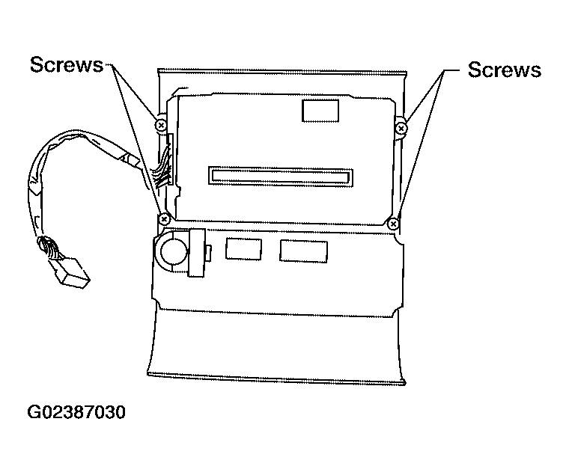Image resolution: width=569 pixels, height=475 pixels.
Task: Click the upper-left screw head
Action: point(161,126)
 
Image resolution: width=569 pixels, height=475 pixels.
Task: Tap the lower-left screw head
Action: point(164,219)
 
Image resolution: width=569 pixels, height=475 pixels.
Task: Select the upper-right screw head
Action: point(401,128)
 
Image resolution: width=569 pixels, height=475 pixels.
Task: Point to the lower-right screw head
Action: point(393,224)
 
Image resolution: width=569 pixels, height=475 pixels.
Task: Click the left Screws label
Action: point(67,64)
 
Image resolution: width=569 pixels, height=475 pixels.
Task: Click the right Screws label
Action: point(505,70)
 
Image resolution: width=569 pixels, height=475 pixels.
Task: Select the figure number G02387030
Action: point(76,412)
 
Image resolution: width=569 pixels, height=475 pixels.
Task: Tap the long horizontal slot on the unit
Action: point(281,177)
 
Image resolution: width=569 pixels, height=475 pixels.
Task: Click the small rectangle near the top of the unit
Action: point(320,111)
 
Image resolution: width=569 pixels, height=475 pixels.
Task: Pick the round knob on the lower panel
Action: point(174,251)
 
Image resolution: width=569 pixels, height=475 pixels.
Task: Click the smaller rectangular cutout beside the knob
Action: point(243,249)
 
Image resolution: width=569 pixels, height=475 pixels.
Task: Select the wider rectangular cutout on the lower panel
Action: point(303,251)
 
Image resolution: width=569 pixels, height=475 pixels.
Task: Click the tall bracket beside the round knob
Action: point(196,253)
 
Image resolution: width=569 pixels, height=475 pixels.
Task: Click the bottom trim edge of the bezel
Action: point(276,378)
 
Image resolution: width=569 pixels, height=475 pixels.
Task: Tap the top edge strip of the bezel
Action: point(282,71)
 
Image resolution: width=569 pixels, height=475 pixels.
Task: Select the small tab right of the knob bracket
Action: point(209,253)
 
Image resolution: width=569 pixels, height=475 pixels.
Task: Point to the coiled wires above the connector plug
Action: point(47,246)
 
